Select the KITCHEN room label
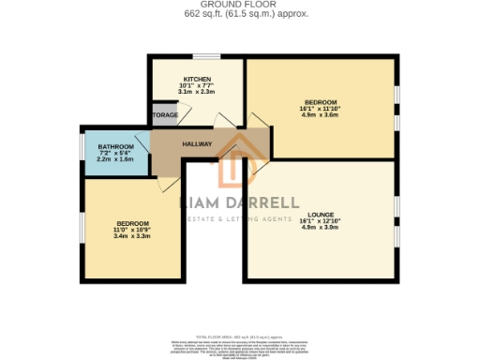[x=197, y=79]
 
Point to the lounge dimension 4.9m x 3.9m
[x=320, y=227]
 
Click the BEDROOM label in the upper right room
[x=321, y=101]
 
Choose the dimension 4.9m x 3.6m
[x=321, y=114]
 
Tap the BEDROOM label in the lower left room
[x=132, y=222]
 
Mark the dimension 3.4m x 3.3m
[x=132, y=236]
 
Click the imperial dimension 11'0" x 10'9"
[x=132, y=229]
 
